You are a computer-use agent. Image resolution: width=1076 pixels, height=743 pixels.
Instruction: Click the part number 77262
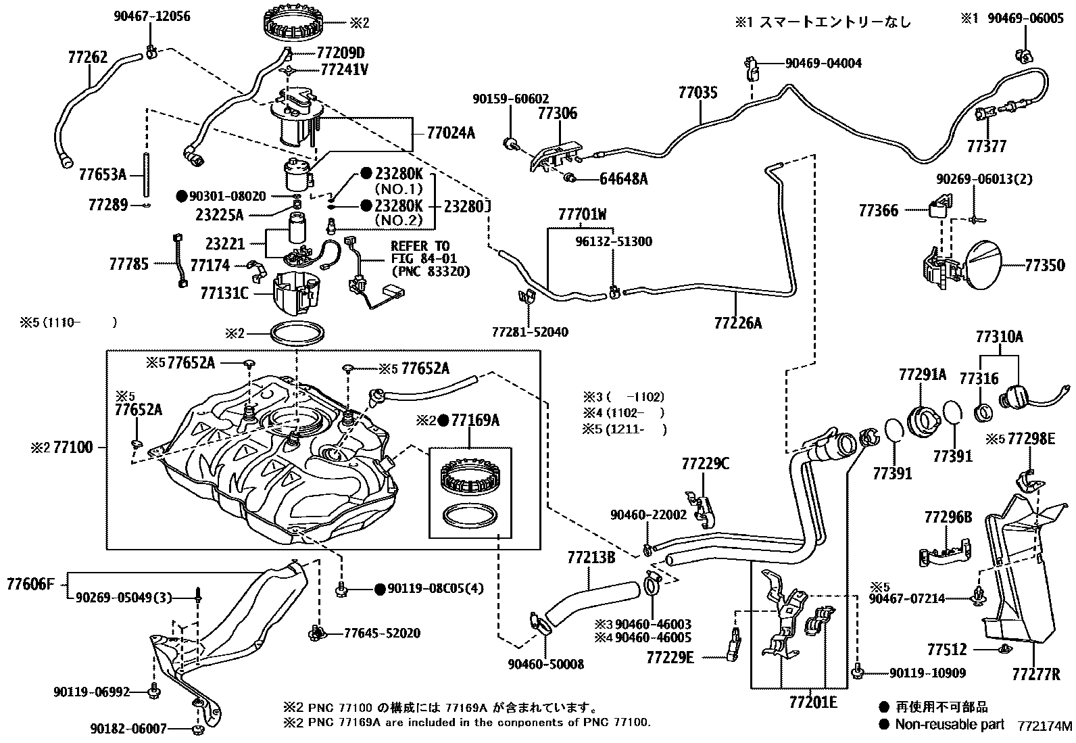tap(88, 57)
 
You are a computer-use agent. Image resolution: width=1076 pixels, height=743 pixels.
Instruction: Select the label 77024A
tap(450, 133)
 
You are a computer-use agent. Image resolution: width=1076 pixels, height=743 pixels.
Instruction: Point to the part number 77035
tap(698, 93)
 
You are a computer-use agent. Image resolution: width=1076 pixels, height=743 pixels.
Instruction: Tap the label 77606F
tap(30, 583)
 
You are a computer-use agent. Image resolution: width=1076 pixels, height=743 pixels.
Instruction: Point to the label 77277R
tap(1035, 674)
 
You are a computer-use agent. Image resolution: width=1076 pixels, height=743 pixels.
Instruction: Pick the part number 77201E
tap(812, 702)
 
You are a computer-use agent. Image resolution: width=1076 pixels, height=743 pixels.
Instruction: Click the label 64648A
tap(623, 179)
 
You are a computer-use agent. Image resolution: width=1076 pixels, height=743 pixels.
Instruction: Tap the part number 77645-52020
tap(382, 633)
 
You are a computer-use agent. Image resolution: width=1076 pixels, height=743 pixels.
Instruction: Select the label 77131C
tap(224, 293)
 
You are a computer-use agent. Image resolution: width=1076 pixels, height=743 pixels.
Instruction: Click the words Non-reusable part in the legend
tap(950, 724)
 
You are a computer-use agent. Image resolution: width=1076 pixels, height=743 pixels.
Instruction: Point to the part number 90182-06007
tap(128, 729)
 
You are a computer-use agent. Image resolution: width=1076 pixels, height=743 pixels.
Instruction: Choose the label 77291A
tap(923, 374)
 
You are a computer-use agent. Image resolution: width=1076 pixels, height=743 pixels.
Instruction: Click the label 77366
tap(879, 211)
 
